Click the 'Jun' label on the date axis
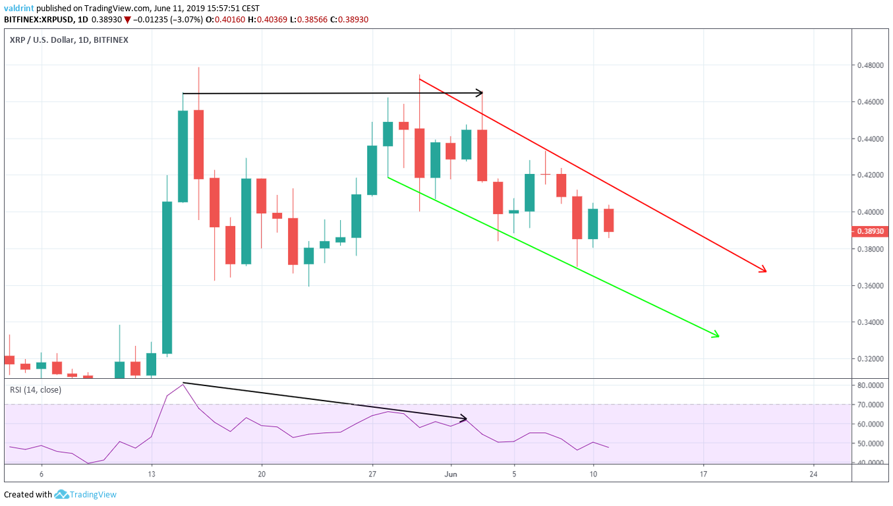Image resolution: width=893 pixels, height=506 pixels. [451, 474]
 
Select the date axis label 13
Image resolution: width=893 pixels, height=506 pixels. [151, 474]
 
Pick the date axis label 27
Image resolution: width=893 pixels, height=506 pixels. [372, 474]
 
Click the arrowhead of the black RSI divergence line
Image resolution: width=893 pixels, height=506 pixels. [465, 418]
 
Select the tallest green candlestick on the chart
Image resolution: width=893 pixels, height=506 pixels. [167, 277]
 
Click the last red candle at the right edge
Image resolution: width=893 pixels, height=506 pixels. [609, 220]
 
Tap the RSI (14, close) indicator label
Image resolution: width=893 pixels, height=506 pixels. [36, 389]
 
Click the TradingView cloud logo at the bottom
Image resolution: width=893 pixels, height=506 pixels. [62, 494]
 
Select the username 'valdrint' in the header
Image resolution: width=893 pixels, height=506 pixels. [20, 8]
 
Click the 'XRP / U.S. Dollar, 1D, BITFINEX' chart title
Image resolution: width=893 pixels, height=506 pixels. [69, 40]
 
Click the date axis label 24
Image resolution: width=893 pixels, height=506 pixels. [813, 474]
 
